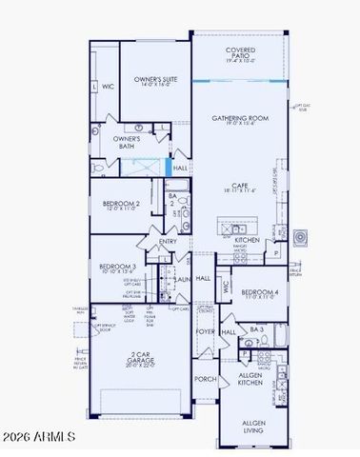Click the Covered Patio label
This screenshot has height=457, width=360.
(x=238, y=52)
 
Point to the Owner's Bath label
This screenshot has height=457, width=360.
(x=130, y=142)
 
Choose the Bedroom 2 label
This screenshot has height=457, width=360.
(x=122, y=205)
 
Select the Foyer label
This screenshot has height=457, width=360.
(x=205, y=332)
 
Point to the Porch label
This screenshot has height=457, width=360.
(x=205, y=379)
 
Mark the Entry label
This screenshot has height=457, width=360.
(x=169, y=242)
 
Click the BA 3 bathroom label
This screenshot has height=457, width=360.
(x=256, y=328)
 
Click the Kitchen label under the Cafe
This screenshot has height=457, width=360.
(x=248, y=241)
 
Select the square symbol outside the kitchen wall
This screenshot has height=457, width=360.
(x=301, y=235)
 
